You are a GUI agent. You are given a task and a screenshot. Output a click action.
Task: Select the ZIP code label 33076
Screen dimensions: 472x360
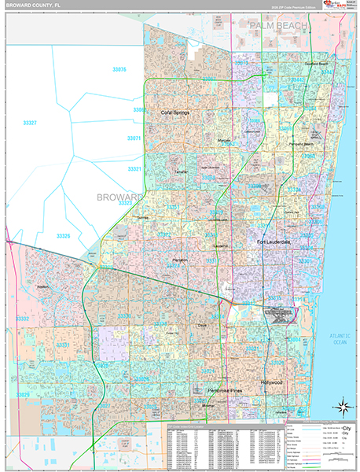119,70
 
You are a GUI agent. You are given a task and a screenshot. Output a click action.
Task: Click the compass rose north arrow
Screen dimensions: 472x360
343,407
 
